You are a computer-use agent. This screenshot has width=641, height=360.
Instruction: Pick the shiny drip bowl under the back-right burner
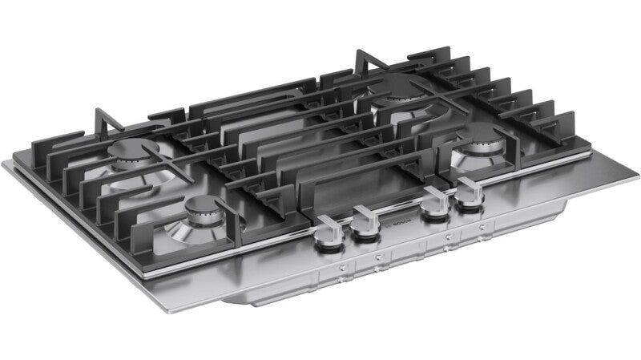[x=401, y=112]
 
